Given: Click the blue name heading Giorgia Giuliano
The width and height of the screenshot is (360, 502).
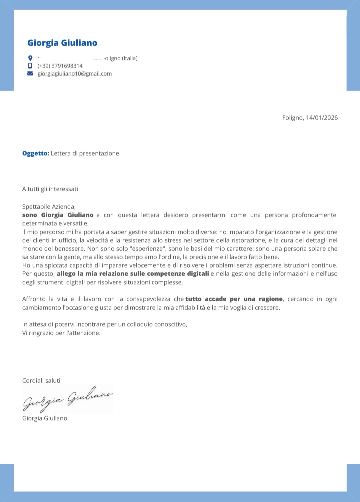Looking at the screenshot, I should (x=62, y=43).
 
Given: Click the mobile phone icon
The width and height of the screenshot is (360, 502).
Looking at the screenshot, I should (x=30, y=66).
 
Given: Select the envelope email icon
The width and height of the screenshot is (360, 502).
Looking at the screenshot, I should (x=30, y=73).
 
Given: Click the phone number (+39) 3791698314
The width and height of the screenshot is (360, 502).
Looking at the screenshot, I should (x=60, y=66).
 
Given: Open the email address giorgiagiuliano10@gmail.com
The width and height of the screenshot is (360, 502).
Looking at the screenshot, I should (x=75, y=74).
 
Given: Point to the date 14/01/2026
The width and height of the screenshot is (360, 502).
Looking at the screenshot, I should (x=322, y=118).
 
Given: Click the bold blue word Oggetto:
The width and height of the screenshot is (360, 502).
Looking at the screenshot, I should (x=36, y=153).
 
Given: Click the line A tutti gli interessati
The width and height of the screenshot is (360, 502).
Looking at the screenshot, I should (x=50, y=189).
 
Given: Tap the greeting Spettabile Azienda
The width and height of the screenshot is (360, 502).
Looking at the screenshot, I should (x=49, y=207).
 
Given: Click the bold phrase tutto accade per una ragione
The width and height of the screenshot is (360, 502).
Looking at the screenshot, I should (x=234, y=299).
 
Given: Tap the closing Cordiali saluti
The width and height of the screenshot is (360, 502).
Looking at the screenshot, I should (x=41, y=381).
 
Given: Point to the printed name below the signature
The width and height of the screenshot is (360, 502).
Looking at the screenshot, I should (x=45, y=418).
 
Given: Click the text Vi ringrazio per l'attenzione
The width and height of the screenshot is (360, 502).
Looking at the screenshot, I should (x=61, y=333).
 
